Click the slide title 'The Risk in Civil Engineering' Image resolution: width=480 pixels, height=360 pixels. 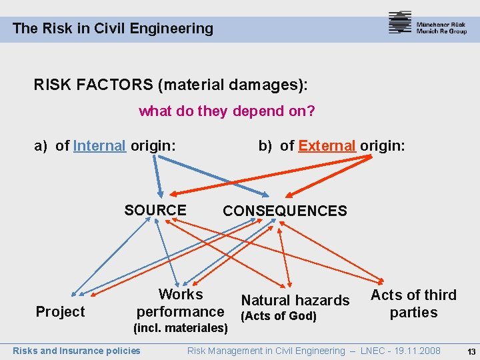(113, 29)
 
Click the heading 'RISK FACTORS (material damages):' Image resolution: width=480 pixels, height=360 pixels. (171, 85)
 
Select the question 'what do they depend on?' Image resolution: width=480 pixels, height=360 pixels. (227, 111)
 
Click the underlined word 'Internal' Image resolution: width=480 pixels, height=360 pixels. (99, 145)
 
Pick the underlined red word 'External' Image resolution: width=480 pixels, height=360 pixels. (327, 145)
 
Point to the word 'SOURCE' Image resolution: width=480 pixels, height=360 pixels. (155, 210)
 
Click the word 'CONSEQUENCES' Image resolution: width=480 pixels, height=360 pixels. (285, 211)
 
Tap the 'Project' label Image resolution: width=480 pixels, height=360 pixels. (60, 312)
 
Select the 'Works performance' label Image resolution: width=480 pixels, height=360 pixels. (180, 303)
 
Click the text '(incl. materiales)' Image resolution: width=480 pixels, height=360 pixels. (181, 328)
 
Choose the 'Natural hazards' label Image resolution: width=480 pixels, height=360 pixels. (295, 301)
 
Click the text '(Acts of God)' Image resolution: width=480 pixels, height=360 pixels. (278, 316)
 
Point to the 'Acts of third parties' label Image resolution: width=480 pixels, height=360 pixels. (413, 303)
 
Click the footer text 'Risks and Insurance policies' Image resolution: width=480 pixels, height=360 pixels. (77, 351)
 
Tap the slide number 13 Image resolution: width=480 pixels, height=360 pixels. (471, 351)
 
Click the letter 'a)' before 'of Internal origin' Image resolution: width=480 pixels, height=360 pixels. (42, 145)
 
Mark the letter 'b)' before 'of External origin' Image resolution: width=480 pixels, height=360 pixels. (266, 145)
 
